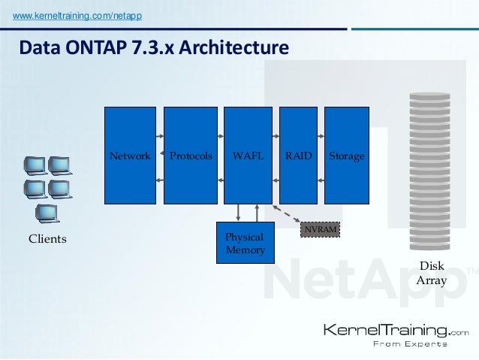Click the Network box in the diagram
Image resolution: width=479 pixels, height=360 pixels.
pyautogui.click(x=130, y=156)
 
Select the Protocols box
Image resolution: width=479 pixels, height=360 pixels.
pyautogui.click(x=190, y=156)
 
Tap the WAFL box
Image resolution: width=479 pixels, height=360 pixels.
pyautogui.click(x=248, y=156)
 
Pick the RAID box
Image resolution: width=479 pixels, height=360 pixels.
pyautogui.click(x=298, y=156)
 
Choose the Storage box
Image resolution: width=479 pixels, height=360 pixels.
pyautogui.click(x=346, y=156)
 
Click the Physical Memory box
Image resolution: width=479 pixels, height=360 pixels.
pyautogui.click(x=246, y=243)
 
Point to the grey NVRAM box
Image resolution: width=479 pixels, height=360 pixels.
pyautogui.click(x=321, y=228)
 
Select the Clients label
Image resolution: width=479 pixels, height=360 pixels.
pyautogui.click(x=47, y=239)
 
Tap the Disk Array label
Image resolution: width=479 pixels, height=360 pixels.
pyautogui.click(x=432, y=274)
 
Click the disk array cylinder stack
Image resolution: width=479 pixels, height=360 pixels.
pyautogui.click(x=429, y=172)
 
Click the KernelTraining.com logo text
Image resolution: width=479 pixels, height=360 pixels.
pyautogui.click(x=395, y=329)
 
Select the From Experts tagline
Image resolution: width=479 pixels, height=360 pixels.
pyautogui.click(x=409, y=344)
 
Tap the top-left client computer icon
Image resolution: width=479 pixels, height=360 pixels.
pyautogui.click(x=35, y=165)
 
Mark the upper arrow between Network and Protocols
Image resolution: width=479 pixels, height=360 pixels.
pyautogui.click(x=160, y=136)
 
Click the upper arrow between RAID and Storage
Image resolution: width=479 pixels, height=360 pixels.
pyautogui.click(x=320, y=136)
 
